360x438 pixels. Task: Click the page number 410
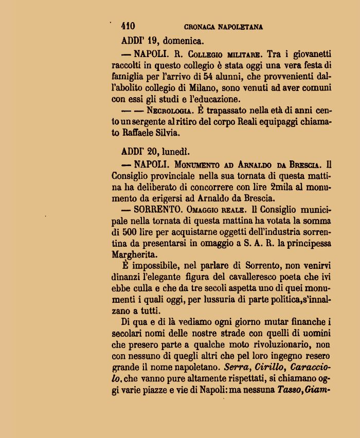pos(128,26)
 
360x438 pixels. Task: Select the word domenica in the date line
pos(183,40)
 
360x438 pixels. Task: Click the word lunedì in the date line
pos(176,152)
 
